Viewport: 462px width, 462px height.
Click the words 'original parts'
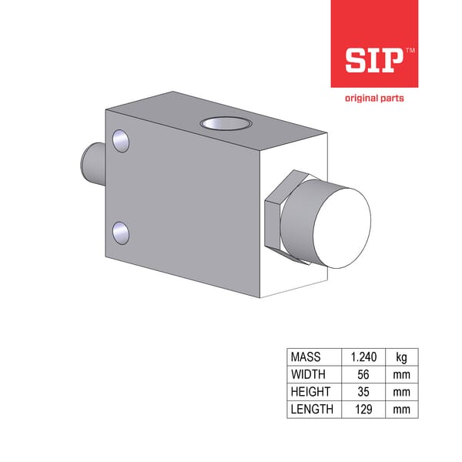pos(373,98)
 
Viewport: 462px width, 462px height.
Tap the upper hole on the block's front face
pos(120,139)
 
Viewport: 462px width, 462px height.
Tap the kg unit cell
pos(401,357)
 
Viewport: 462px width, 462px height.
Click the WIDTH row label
pos(307,374)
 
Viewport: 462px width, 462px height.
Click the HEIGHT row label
pos(310,392)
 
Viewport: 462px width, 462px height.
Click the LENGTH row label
pos(312,409)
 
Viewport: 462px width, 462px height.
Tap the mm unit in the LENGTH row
pos(401,409)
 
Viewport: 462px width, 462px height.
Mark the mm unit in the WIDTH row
pos(401,374)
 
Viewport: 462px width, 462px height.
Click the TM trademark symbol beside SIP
pos(410,49)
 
